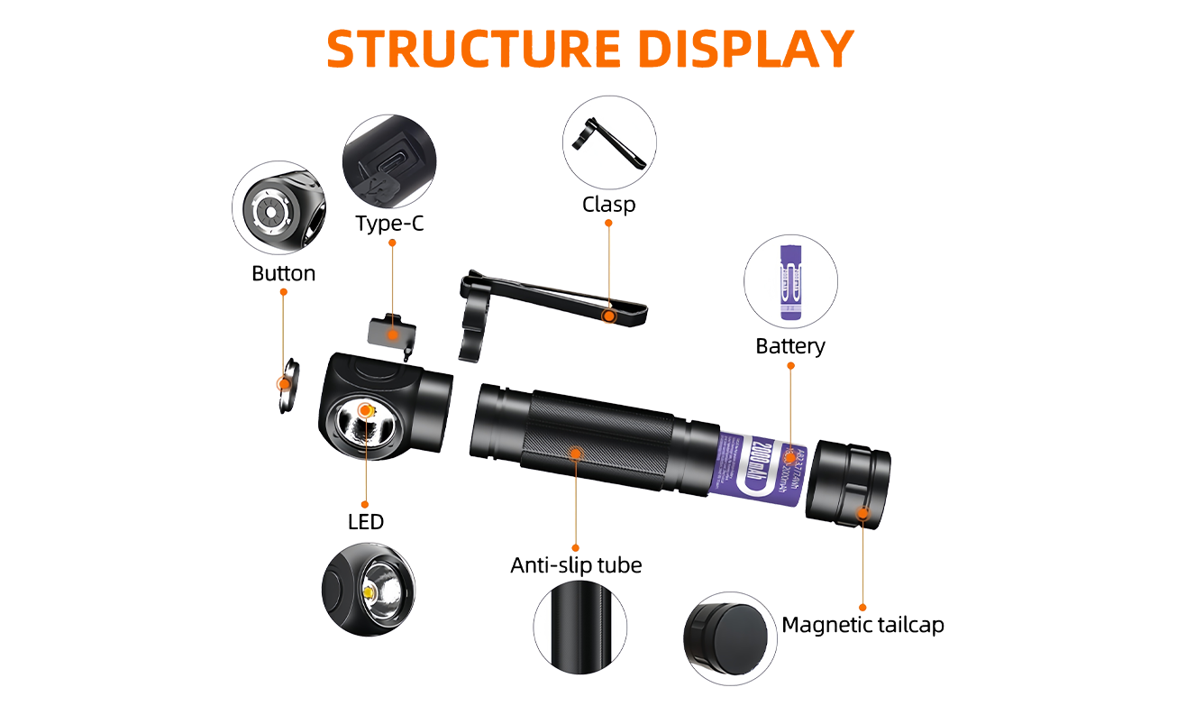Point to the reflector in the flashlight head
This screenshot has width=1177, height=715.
(365, 428)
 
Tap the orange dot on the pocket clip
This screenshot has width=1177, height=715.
(610, 316)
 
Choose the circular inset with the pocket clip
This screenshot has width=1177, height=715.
(609, 142)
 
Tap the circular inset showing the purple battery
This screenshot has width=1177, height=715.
(792, 281)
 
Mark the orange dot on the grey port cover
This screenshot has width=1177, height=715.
(393, 335)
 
